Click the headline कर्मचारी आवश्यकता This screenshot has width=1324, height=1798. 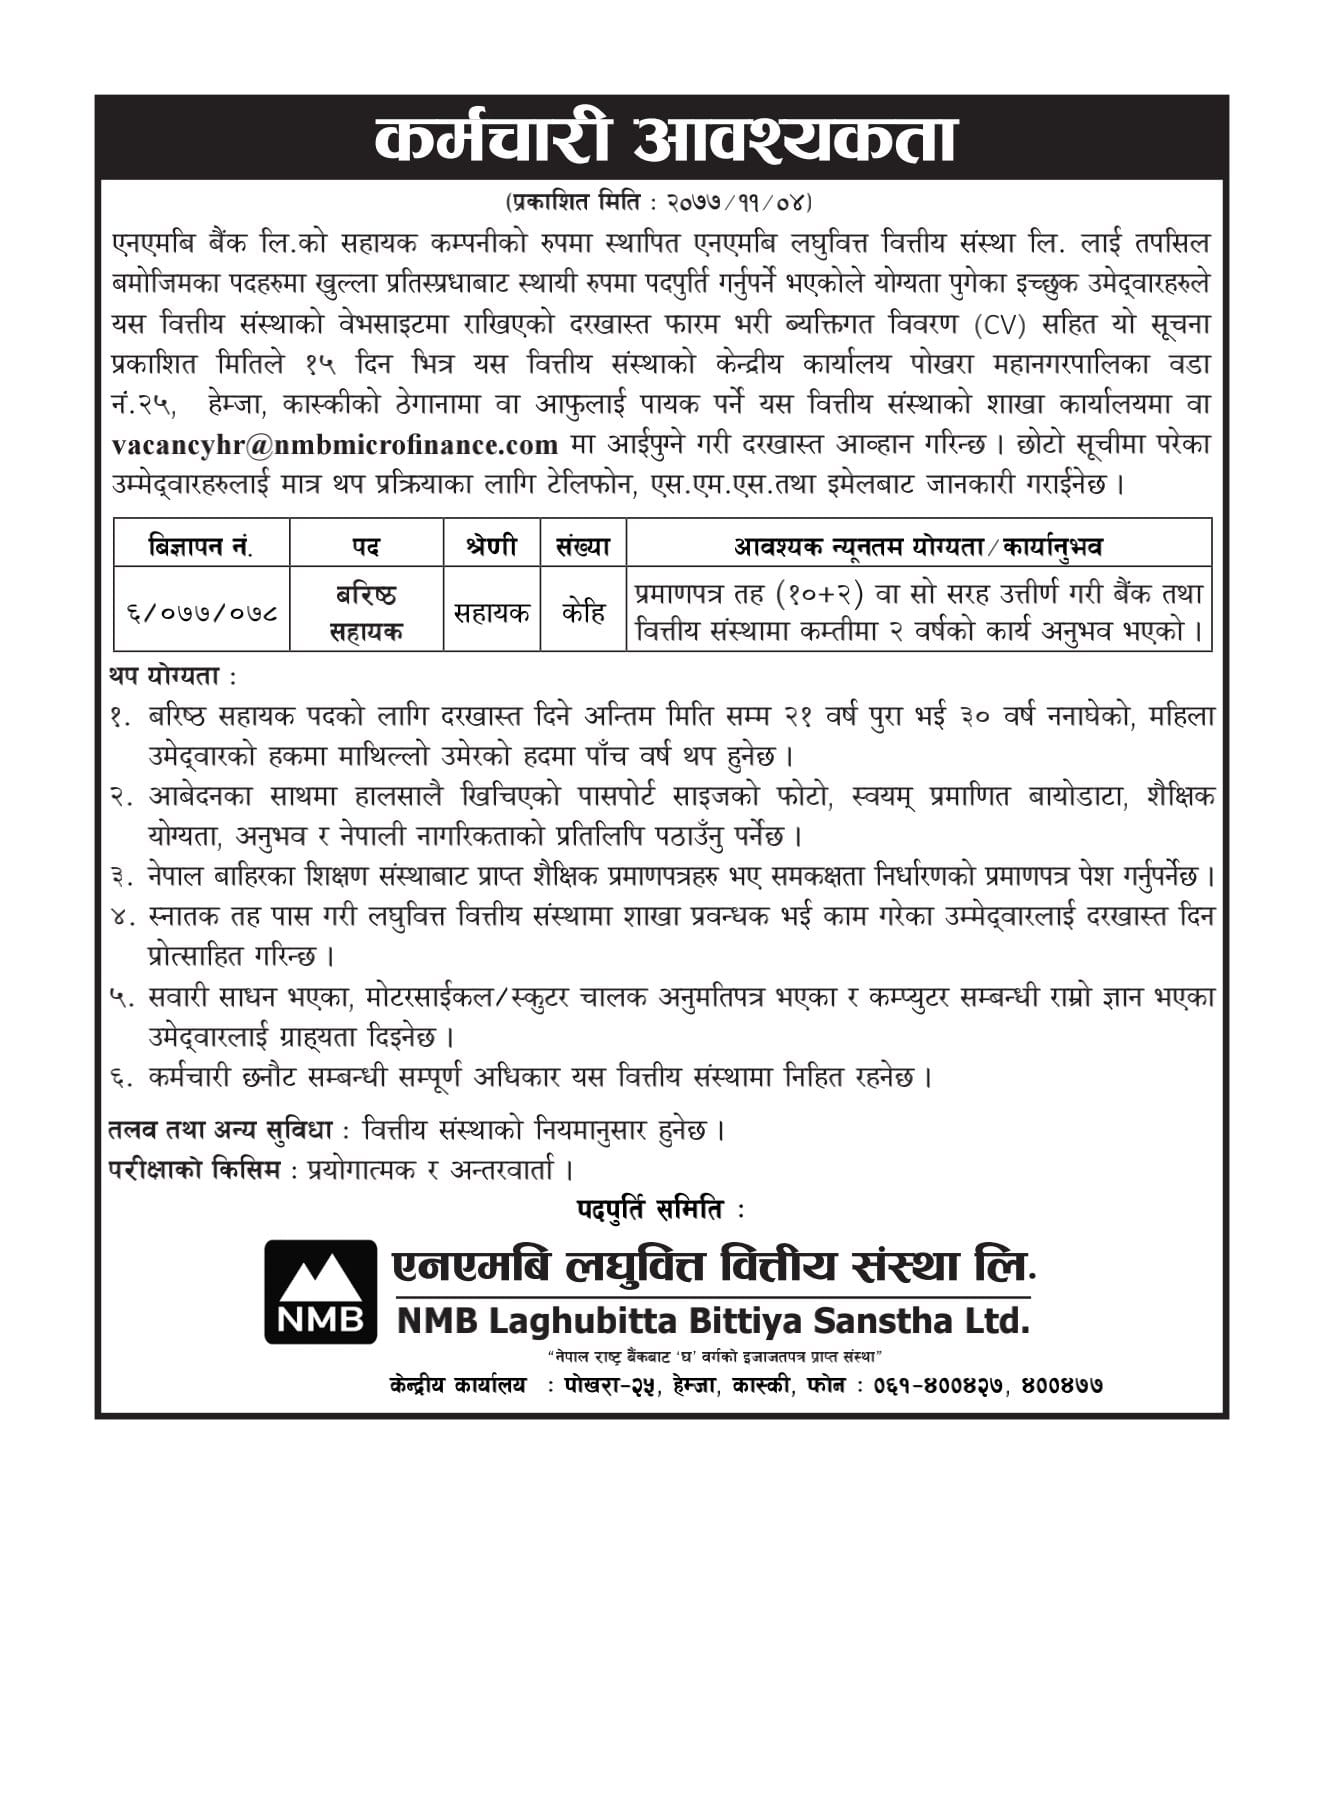(x=665, y=140)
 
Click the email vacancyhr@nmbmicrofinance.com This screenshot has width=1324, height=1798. (x=335, y=444)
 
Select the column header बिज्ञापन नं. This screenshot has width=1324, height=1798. (x=200, y=546)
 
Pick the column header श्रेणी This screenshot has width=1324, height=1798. (x=491, y=546)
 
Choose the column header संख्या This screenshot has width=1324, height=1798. (x=582, y=546)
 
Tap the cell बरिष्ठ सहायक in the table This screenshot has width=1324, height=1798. (x=366, y=612)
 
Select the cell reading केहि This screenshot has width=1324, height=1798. (x=582, y=612)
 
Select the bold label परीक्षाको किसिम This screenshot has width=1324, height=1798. (x=194, y=1169)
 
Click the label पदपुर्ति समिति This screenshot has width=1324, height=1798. (x=650, y=1209)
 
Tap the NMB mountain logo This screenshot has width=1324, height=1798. (x=320, y=1291)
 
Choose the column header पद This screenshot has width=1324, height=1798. (x=366, y=546)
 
